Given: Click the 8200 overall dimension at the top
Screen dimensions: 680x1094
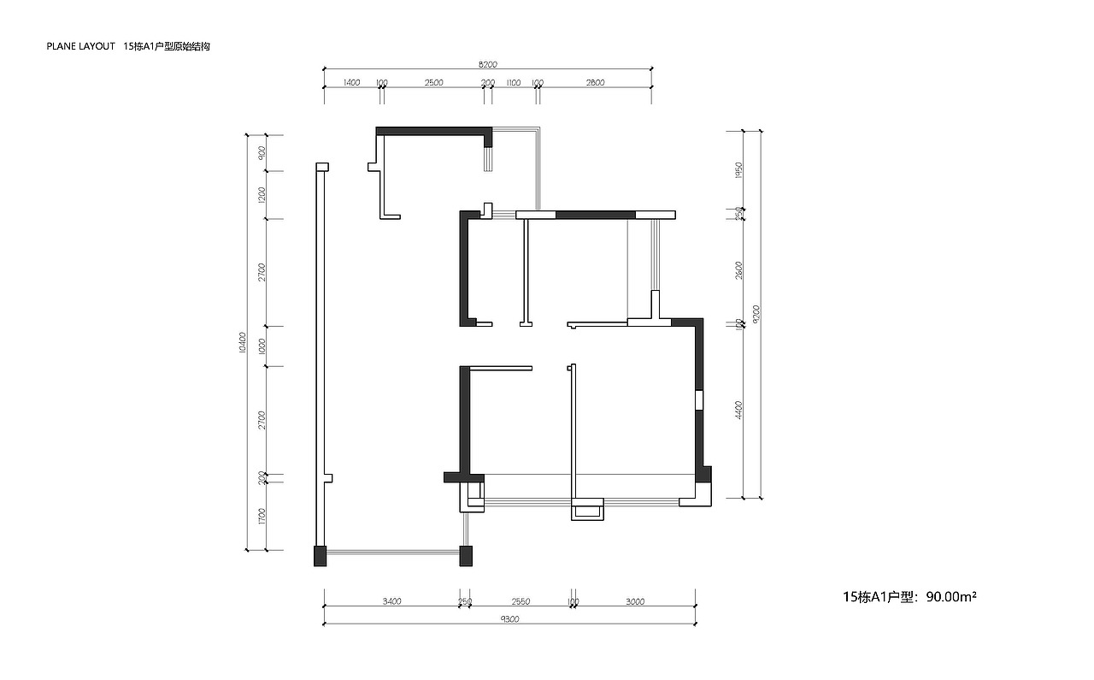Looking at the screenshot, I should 487,64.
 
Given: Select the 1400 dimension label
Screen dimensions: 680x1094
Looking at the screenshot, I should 351,83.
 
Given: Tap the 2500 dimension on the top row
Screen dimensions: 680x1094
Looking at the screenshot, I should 433,83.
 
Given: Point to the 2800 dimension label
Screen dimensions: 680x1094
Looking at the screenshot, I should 595,83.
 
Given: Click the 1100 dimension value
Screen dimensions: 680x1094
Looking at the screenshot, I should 513,83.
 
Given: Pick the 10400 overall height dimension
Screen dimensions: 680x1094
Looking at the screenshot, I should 243,342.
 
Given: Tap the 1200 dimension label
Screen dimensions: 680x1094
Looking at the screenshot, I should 262,195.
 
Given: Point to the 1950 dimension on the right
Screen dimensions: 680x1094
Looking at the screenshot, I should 738,169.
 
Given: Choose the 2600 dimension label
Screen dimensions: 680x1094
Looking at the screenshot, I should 738,269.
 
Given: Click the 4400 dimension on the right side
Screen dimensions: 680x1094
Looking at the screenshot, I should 738,410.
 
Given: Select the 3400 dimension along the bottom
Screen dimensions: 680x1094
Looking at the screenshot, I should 391,601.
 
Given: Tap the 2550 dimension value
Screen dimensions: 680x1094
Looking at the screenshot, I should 521,601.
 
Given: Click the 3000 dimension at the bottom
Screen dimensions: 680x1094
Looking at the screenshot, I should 634,601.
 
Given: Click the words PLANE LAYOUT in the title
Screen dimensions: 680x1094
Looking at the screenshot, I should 80,47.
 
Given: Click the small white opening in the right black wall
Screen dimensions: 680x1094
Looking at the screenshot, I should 698,399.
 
